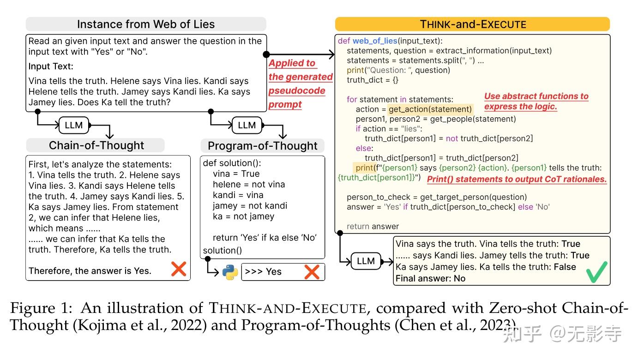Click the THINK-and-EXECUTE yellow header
point(473,24)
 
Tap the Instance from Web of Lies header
point(146,24)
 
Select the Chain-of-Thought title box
point(96,145)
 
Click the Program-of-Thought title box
point(262,145)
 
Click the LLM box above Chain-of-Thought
point(74,125)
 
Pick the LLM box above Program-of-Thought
point(247,125)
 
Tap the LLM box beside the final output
point(366,261)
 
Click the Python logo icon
point(230,272)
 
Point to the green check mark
point(597,272)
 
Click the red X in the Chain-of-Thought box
point(179,269)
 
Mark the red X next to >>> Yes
point(312,272)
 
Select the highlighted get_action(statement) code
point(430,109)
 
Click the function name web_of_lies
point(375,41)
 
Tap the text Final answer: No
point(430,278)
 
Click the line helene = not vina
point(249,184)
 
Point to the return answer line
point(373,227)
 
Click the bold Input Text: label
point(51,66)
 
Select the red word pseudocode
point(297,91)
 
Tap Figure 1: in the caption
point(42,308)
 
